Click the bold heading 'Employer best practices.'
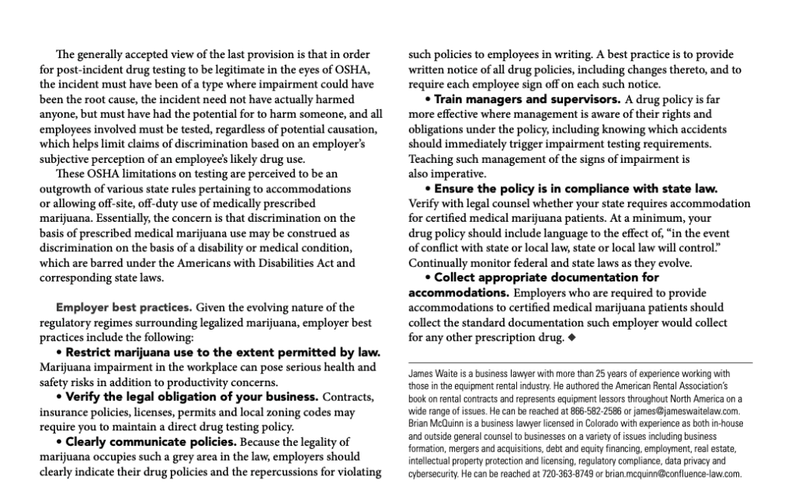[x=117, y=308]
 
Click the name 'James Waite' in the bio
[x=431, y=373]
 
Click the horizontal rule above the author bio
[x=580, y=362]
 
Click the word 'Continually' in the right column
[x=440, y=263]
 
